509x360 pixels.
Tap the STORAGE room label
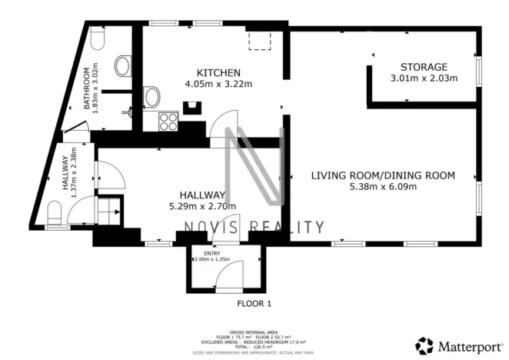pyautogui.click(x=424, y=67)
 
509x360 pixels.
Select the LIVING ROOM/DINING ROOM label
pyautogui.click(x=383, y=175)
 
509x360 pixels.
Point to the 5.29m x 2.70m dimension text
pyautogui.click(x=202, y=206)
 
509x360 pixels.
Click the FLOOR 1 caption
pyautogui.click(x=254, y=304)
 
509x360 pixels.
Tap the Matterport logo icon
pyautogui.click(x=424, y=345)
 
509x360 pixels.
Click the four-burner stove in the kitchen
pyautogui.click(x=168, y=122)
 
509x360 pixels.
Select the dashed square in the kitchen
pyautogui.click(x=258, y=41)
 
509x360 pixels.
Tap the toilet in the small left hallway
pyautogui.click(x=55, y=212)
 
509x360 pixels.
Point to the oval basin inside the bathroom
pyautogui.click(x=122, y=66)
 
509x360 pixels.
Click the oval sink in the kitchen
pyautogui.click(x=152, y=96)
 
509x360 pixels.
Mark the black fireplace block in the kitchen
pyautogui.click(x=190, y=108)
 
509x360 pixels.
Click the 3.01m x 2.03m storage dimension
pyautogui.click(x=424, y=78)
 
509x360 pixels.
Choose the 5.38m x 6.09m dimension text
pyautogui.click(x=383, y=187)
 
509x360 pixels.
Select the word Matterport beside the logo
pyautogui.click(x=467, y=345)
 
